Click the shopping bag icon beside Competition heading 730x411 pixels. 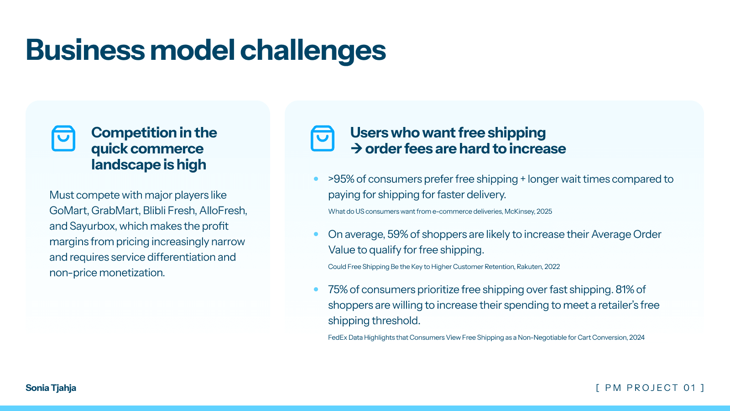[x=63, y=138]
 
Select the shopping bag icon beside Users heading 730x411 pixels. [x=323, y=138]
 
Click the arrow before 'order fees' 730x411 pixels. [x=356, y=148]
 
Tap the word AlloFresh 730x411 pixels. [x=223, y=211]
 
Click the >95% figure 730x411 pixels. [x=341, y=179]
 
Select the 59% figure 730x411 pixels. [x=397, y=234]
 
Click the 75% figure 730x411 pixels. [x=338, y=290]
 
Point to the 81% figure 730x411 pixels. [x=625, y=290]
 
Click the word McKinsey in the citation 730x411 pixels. [x=519, y=211]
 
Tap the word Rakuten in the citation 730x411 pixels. [x=529, y=267]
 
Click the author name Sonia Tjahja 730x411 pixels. [x=51, y=388]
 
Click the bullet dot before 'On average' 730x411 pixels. [x=316, y=234]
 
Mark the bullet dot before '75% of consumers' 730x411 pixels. [x=316, y=289]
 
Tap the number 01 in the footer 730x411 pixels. [x=689, y=388]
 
